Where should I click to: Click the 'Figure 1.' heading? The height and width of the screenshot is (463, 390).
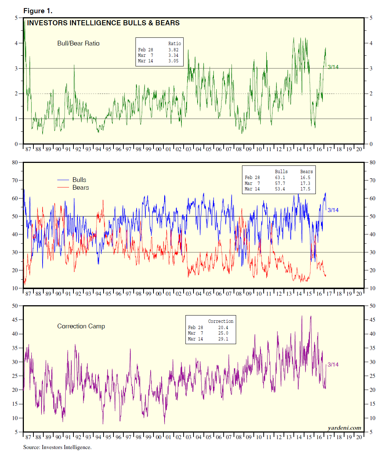tap(38, 11)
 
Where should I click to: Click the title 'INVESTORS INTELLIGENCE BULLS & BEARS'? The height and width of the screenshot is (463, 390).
tap(103, 23)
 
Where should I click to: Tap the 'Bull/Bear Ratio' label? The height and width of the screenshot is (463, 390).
tap(78, 43)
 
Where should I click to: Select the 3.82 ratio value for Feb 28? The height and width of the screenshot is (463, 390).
tap(173, 50)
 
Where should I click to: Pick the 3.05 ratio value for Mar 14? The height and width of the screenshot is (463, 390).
tap(173, 61)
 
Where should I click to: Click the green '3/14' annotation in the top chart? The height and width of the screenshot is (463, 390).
tap(333, 67)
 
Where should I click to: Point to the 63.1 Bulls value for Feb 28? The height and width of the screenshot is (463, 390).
tap(280, 178)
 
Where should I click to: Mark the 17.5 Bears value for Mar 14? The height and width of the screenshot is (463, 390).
tap(305, 189)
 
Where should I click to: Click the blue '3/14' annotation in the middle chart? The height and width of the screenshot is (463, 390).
tap(333, 210)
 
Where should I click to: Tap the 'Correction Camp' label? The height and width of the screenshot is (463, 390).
tap(81, 326)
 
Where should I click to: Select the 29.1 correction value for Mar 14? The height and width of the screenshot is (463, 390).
tap(223, 339)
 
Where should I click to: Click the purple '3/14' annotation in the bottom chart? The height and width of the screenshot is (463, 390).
tap(333, 365)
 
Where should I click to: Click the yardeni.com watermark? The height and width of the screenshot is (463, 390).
tap(344, 428)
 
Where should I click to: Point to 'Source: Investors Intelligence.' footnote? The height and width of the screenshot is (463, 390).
tap(57, 447)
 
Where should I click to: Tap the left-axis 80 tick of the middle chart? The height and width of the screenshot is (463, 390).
tap(15, 162)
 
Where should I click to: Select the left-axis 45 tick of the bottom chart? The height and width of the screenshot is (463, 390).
tap(15, 320)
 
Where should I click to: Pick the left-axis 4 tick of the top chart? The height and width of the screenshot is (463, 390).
tap(16, 43)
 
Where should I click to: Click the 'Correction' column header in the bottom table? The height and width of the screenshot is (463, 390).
tap(220, 321)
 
